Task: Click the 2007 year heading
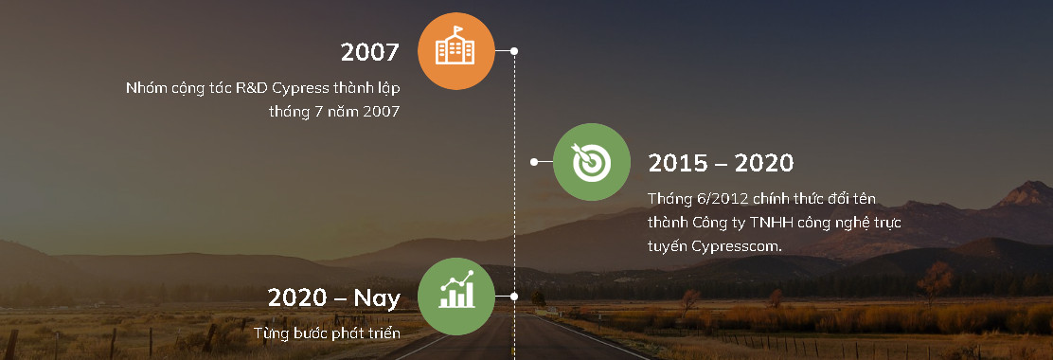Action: (370, 52)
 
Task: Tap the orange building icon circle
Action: (456, 51)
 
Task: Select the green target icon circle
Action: (592, 162)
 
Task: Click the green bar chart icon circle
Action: (456, 297)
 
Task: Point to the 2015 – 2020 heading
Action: (721, 163)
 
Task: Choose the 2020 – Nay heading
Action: (333, 297)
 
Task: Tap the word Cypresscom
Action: (737, 246)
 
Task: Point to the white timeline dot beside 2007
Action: (514, 51)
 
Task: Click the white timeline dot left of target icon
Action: (534, 162)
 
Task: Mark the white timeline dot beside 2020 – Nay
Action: (514, 297)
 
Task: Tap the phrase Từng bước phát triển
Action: (327, 333)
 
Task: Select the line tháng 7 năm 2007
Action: (334, 112)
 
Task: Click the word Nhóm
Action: (143, 88)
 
